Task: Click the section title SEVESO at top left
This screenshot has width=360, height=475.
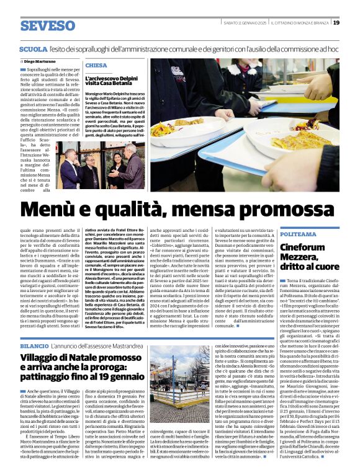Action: pyautogui.click(x=47, y=25)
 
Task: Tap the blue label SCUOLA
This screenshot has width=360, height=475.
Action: pyautogui.click(x=34, y=48)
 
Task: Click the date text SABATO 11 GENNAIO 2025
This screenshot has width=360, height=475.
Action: pyautogui.click(x=241, y=23)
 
